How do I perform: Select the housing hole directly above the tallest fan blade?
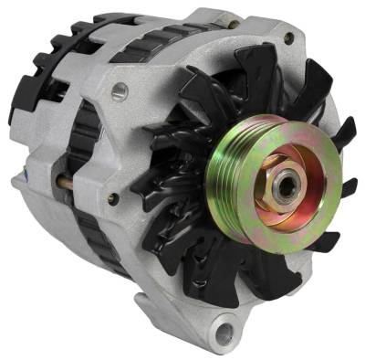click(x=288, y=39)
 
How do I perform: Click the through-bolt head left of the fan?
click(x=111, y=197)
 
